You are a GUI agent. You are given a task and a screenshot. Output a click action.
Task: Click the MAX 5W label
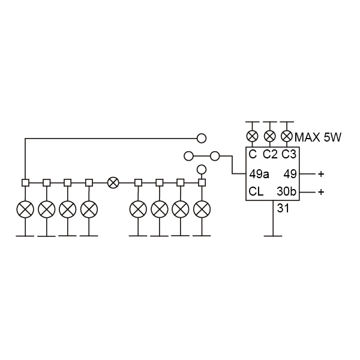click(317, 137)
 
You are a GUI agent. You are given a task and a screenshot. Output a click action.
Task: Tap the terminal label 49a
click(259, 174)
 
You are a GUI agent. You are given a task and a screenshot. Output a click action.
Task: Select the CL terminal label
click(256, 191)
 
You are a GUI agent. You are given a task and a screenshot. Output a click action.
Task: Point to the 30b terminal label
click(287, 191)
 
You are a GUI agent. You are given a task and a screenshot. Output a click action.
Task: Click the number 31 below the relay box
click(283, 208)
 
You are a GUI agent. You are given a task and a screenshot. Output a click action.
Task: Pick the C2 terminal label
click(270, 154)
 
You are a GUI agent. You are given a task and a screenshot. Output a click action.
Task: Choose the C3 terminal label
click(289, 154)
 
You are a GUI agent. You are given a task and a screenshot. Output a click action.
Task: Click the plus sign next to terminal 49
click(321, 174)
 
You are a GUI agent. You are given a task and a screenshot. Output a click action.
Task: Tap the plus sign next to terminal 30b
click(321, 191)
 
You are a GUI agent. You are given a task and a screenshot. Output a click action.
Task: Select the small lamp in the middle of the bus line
click(113, 183)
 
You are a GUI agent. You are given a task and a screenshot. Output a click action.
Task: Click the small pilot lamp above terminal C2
click(270, 136)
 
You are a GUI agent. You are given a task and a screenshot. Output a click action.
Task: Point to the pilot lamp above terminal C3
click(287, 136)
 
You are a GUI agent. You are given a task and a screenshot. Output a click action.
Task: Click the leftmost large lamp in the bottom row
click(25, 209)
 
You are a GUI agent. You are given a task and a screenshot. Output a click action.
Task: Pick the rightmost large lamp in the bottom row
click(202, 209)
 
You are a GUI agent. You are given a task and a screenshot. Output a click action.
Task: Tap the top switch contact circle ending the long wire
click(202, 139)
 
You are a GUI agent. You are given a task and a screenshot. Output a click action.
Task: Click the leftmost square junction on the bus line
click(25, 183)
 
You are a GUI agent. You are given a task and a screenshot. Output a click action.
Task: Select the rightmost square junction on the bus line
click(202, 183)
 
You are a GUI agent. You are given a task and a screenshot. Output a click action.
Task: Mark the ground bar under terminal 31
click(273, 236)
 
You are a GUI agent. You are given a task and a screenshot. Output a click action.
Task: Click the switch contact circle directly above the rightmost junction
click(202, 170)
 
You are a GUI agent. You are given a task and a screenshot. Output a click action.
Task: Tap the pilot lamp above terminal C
click(253, 136)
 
